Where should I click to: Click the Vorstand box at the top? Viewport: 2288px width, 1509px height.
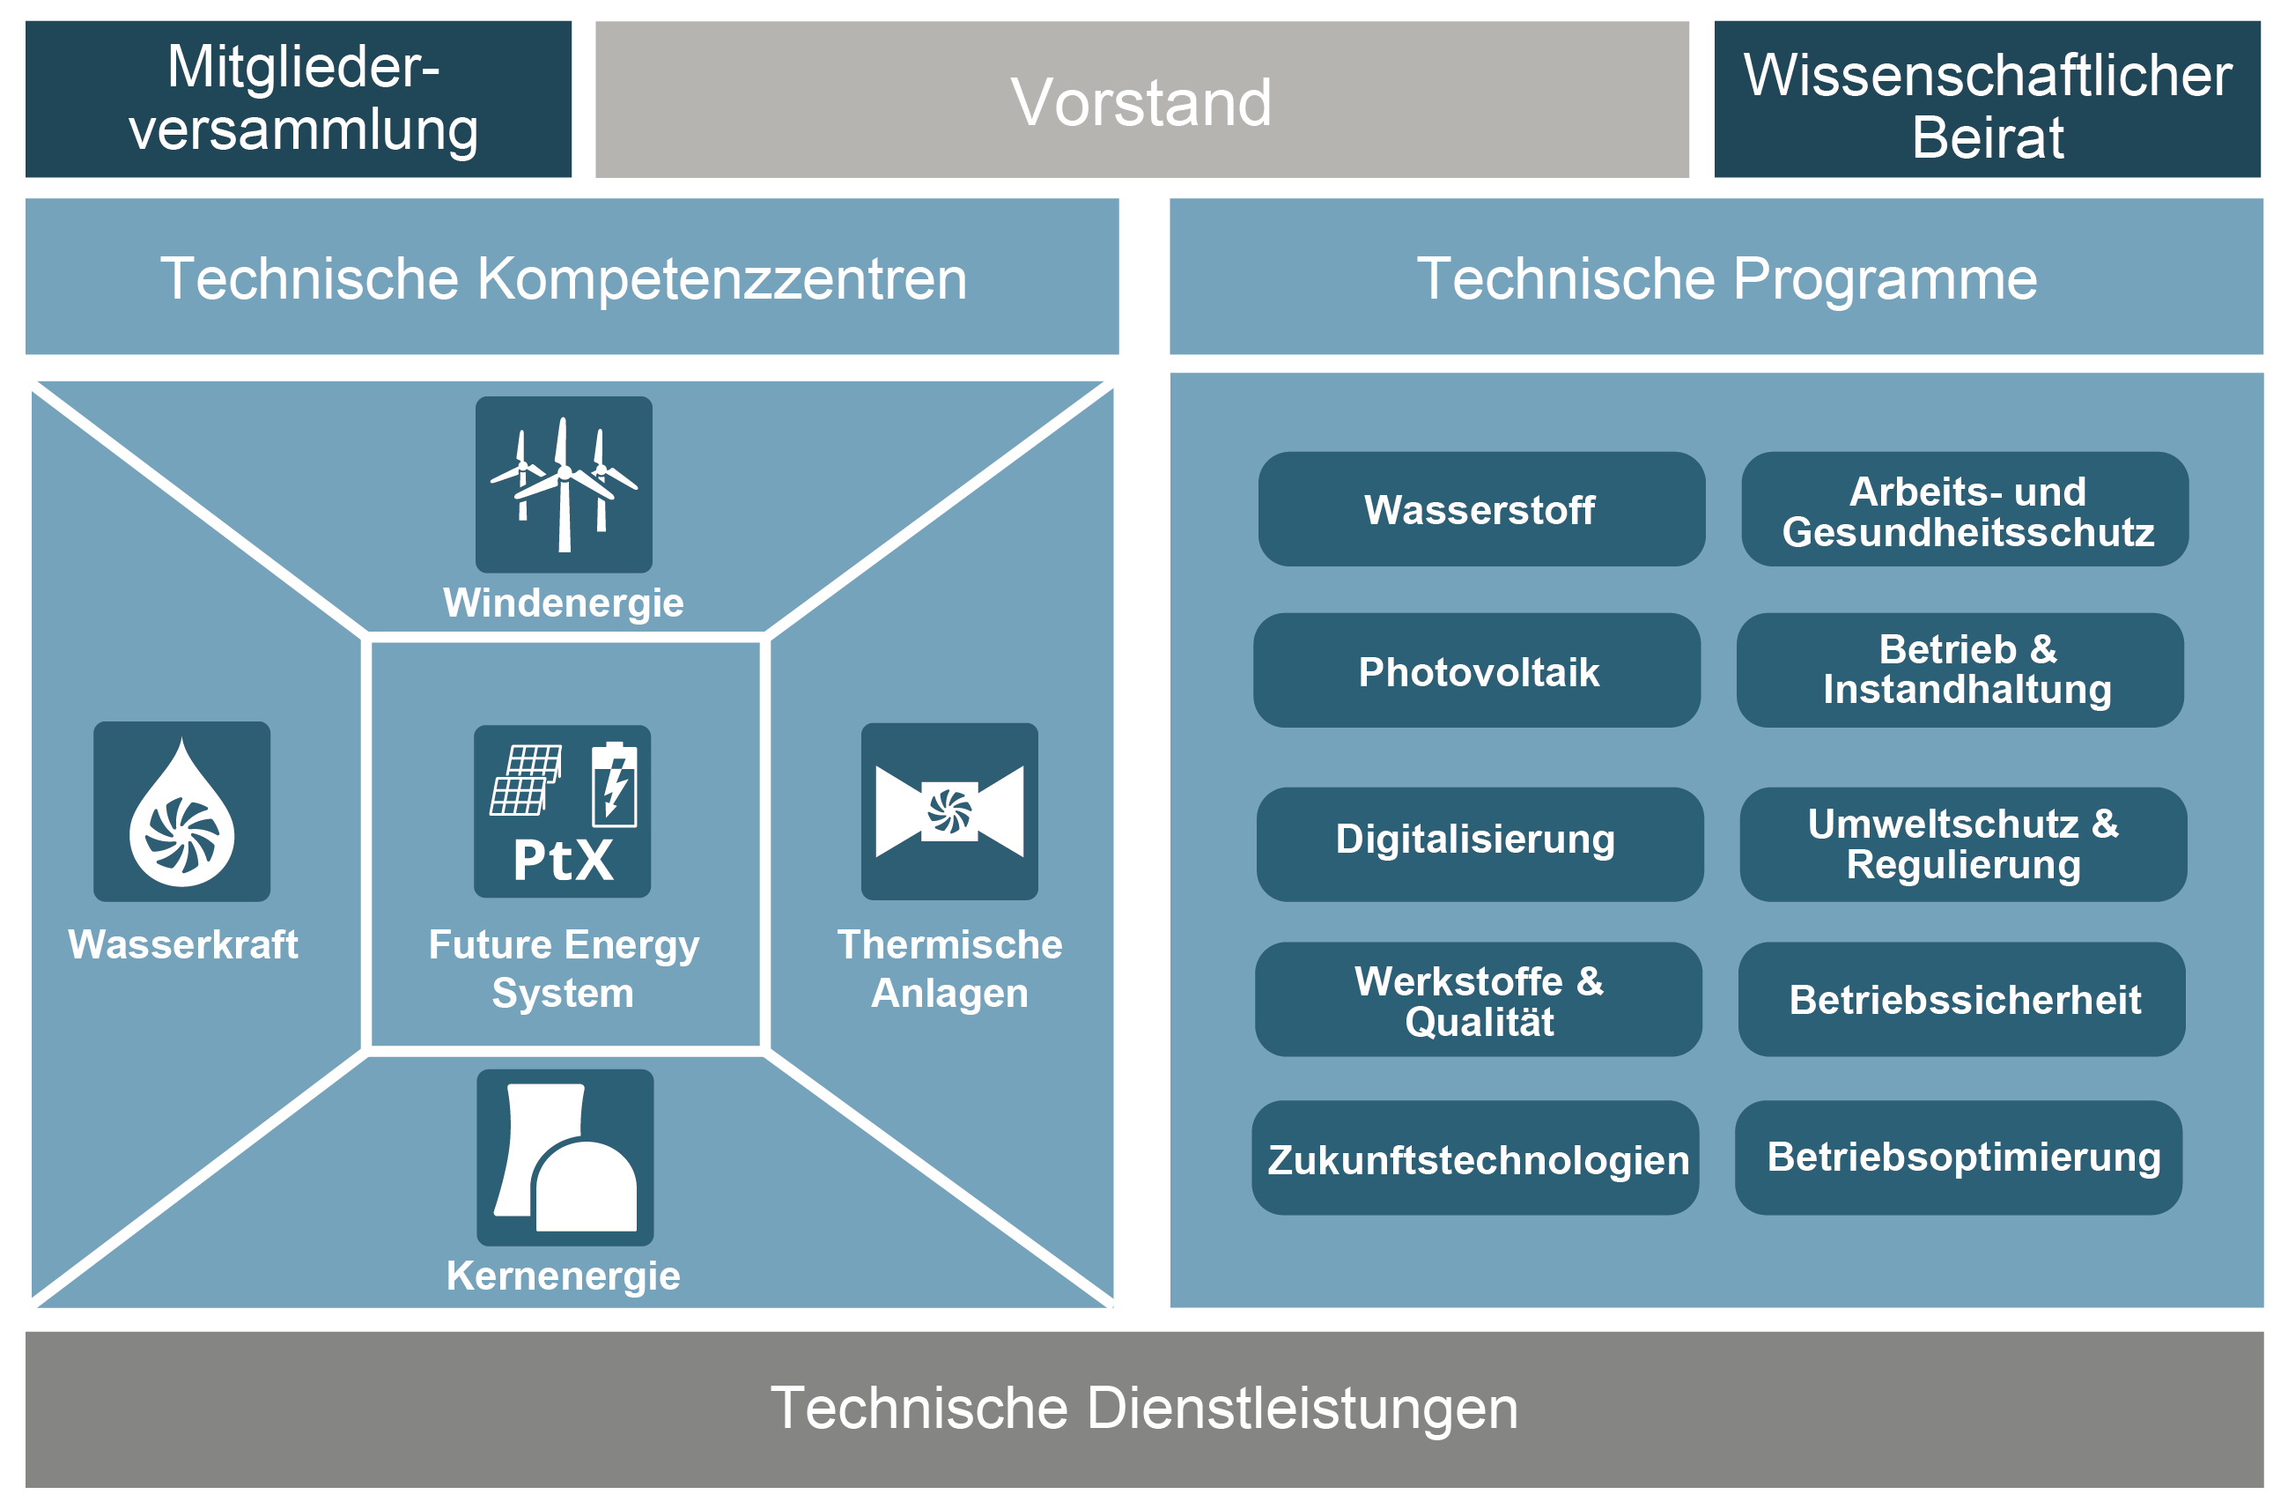(1141, 100)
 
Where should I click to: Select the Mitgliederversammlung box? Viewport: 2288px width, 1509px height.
(299, 100)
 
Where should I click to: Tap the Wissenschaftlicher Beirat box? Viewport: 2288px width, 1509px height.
(1986, 100)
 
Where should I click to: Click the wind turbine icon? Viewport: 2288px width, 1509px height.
(564, 485)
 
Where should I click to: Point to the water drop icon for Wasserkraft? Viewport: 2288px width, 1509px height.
(181, 811)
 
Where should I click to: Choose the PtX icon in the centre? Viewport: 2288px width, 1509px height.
(562, 811)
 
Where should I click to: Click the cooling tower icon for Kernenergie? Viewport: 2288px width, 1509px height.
(565, 1158)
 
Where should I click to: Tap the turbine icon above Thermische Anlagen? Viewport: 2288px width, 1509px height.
(948, 811)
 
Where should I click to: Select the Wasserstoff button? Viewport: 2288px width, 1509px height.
(1480, 509)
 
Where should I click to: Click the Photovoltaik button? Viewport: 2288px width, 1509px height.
(1476, 670)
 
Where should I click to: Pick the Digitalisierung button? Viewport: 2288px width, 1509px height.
(1479, 844)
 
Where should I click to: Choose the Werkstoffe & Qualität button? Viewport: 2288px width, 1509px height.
(1478, 999)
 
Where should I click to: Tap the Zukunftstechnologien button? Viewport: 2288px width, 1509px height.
(1475, 1158)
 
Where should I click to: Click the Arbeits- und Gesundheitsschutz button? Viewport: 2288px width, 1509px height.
(1965, 509)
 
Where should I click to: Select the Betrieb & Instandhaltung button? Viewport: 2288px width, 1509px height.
(1960, 670)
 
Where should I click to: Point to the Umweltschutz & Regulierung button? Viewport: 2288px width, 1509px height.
(1963, 844)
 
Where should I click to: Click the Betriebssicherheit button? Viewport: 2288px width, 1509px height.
(1962, 999)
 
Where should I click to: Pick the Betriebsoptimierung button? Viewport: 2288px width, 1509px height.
(1958, 1158)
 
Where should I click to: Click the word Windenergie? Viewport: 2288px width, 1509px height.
(563, 603)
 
